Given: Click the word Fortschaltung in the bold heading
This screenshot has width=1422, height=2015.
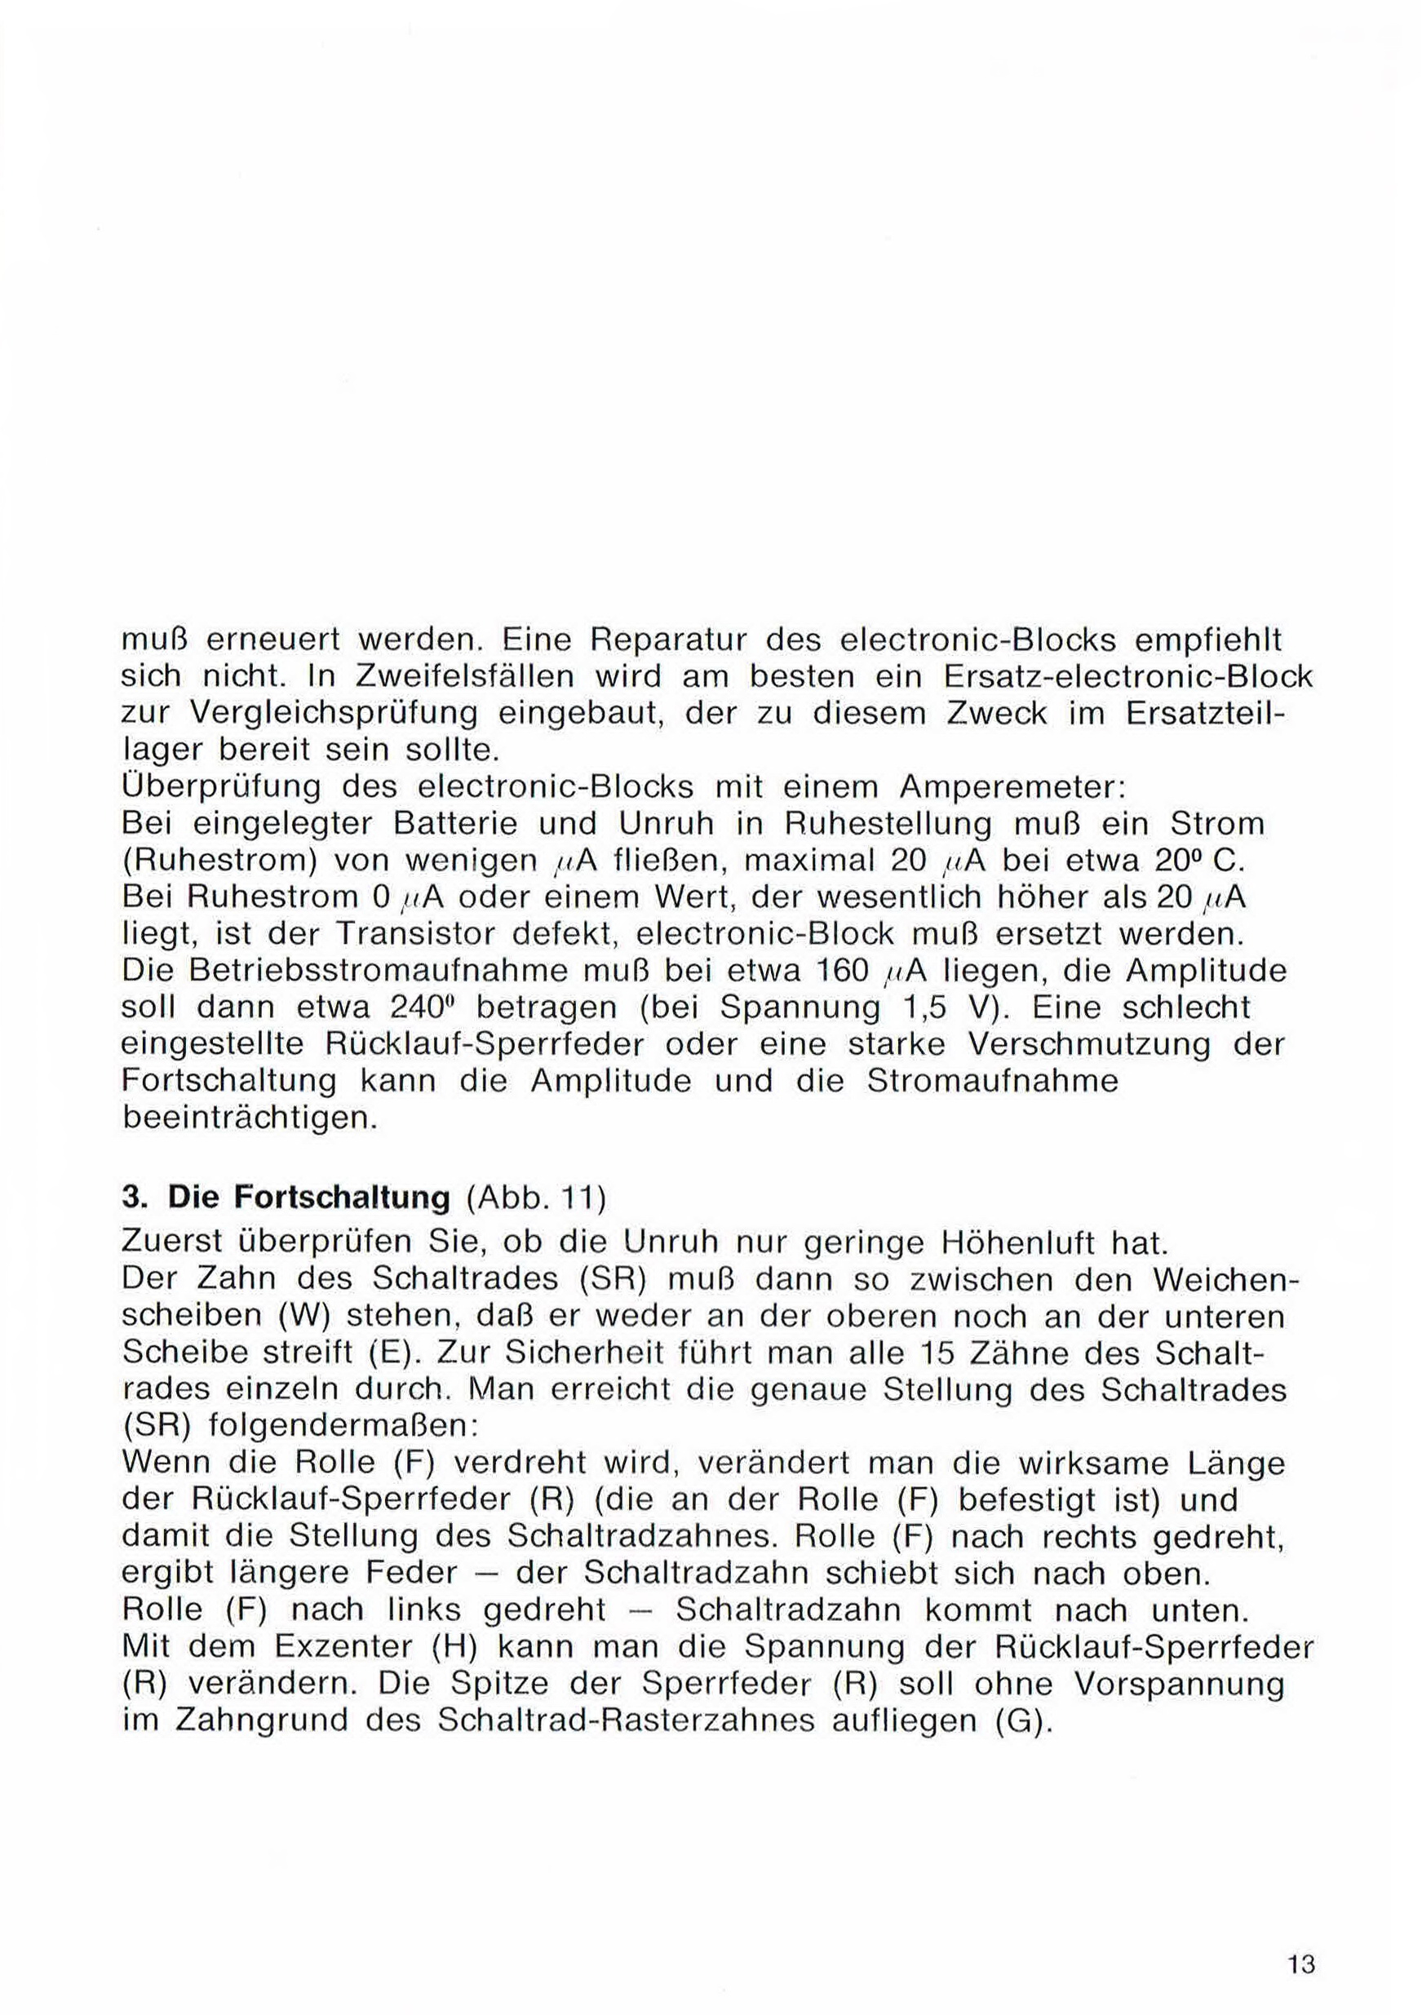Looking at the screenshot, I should [308, 1198].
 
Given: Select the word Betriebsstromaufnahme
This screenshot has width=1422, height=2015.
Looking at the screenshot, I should [384, 972].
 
